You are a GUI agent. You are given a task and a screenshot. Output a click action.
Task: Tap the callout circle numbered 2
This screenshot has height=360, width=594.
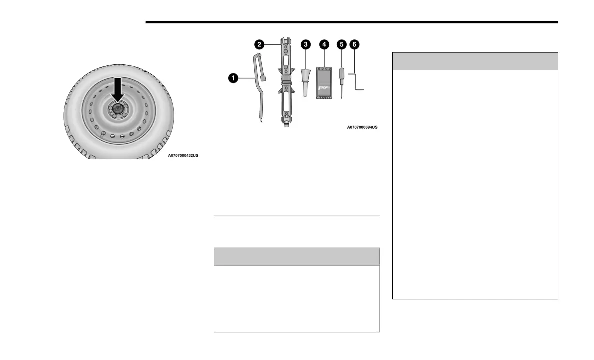click(259, 44)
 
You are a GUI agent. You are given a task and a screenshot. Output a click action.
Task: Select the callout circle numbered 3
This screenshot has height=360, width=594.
click(305, 44)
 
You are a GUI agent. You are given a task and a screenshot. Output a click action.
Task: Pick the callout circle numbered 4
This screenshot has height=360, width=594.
click(324, 44)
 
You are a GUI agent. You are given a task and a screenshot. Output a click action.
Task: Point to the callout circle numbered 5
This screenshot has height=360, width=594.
click(341, 44)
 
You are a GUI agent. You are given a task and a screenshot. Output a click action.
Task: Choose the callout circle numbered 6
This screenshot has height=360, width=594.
click(355, 44)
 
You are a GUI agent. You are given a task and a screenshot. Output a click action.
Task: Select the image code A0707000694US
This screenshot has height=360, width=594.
click(362, 128)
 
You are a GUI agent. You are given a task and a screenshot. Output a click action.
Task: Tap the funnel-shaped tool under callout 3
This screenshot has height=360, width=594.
click(305, 78)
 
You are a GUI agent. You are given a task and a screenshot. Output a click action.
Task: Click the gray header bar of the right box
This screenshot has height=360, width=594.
click(475, 61)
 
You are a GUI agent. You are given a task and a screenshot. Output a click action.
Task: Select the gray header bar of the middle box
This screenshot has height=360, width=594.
click(296, 256)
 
